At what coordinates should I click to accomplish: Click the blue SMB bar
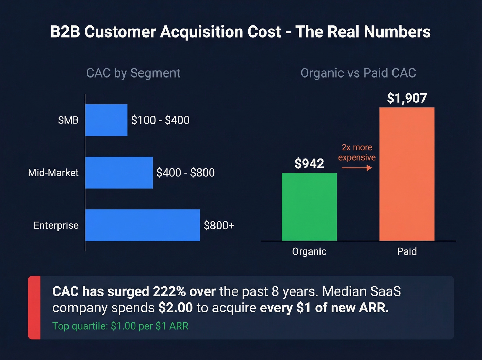click(106, 120)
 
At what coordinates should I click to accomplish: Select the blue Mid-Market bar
click(119, 173)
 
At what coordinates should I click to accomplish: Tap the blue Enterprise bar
click(143, 225)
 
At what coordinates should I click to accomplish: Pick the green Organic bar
click(309, 207)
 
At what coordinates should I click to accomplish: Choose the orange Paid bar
click(407, 174)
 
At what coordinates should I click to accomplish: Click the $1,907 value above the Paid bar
click(407, 98)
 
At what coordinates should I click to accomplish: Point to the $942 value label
click(309, 164)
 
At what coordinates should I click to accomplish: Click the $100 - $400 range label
click(160, 120)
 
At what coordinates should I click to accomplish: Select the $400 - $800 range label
click(186, 173)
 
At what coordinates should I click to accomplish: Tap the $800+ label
click(219, 225)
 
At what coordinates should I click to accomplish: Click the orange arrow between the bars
click(357, 168)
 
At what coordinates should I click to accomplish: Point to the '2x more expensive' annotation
click(357, 152)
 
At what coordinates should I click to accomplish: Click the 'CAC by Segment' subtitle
click(133, 73)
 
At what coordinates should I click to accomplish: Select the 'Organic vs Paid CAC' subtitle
click(358, 73)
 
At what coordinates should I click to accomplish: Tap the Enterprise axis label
click(56, 225)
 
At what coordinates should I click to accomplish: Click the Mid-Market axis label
click(53, 173)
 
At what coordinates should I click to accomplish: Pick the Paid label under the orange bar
click(407, 251)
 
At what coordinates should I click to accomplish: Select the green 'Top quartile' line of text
click(120, 326)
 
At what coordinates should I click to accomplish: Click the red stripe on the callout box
click(34, 308)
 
